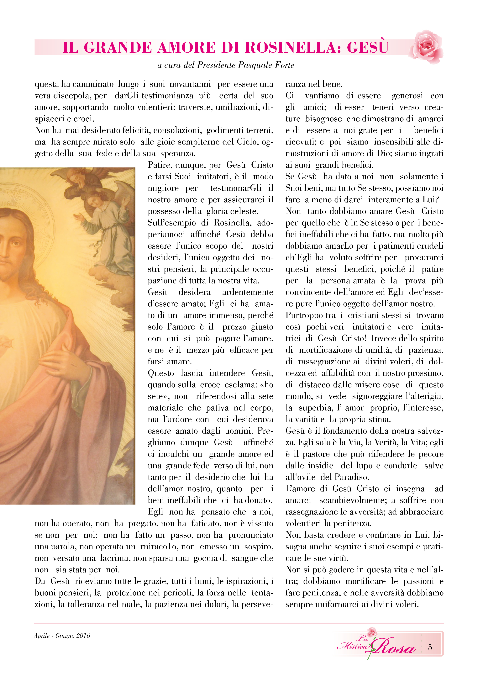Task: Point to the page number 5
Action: click(x=430, y=647)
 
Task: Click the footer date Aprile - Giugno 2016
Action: click(x=62, y=636)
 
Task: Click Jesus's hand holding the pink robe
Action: click(x=63, y=361)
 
